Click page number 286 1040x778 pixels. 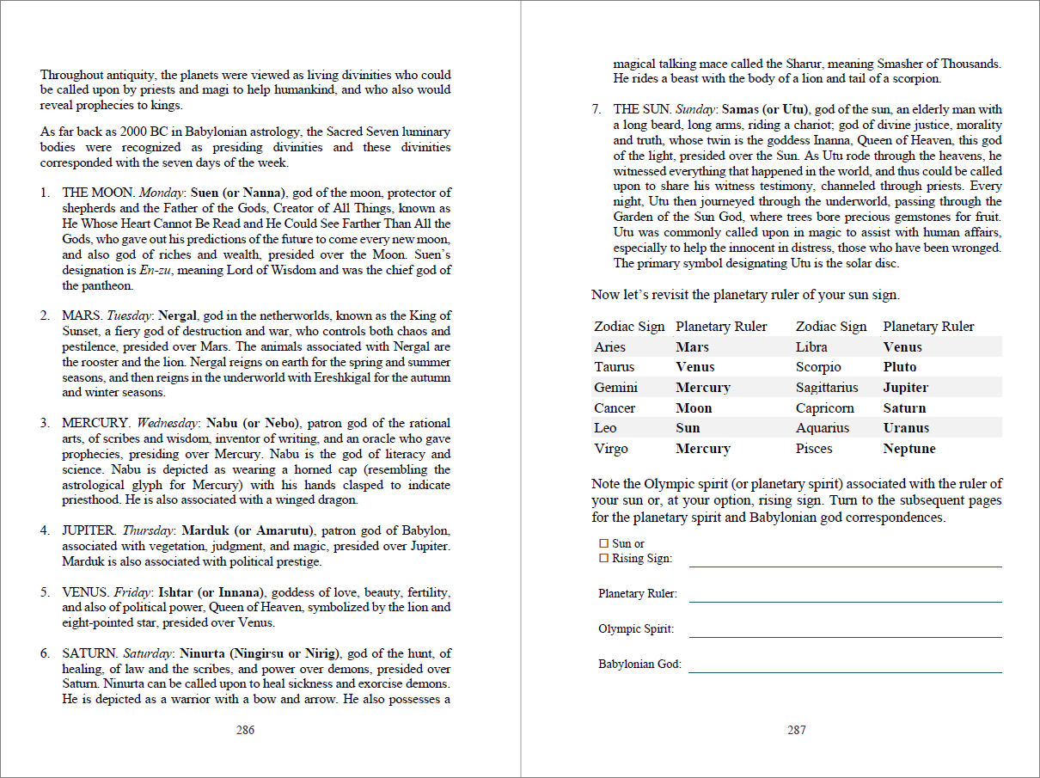[x=245, y=731]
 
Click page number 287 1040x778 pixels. [x=797, y=731]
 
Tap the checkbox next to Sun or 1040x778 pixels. [x=603, y=543]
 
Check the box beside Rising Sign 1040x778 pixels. [x=603, y=558]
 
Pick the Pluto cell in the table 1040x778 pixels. [x=900, y=367]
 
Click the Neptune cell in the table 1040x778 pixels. [x=909, y=449]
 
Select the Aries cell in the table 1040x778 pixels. [x=609, y=347]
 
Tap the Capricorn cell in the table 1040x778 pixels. [x=825, y=408]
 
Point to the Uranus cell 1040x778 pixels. [x=906, y=428]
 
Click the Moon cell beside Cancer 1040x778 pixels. [x=694, y=408]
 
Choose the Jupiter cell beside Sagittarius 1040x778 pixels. [x=906, y=388]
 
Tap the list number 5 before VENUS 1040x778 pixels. [x=44, y=592]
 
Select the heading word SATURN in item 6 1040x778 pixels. [x=89, y=653]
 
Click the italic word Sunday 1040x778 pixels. [x=695, y=110]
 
